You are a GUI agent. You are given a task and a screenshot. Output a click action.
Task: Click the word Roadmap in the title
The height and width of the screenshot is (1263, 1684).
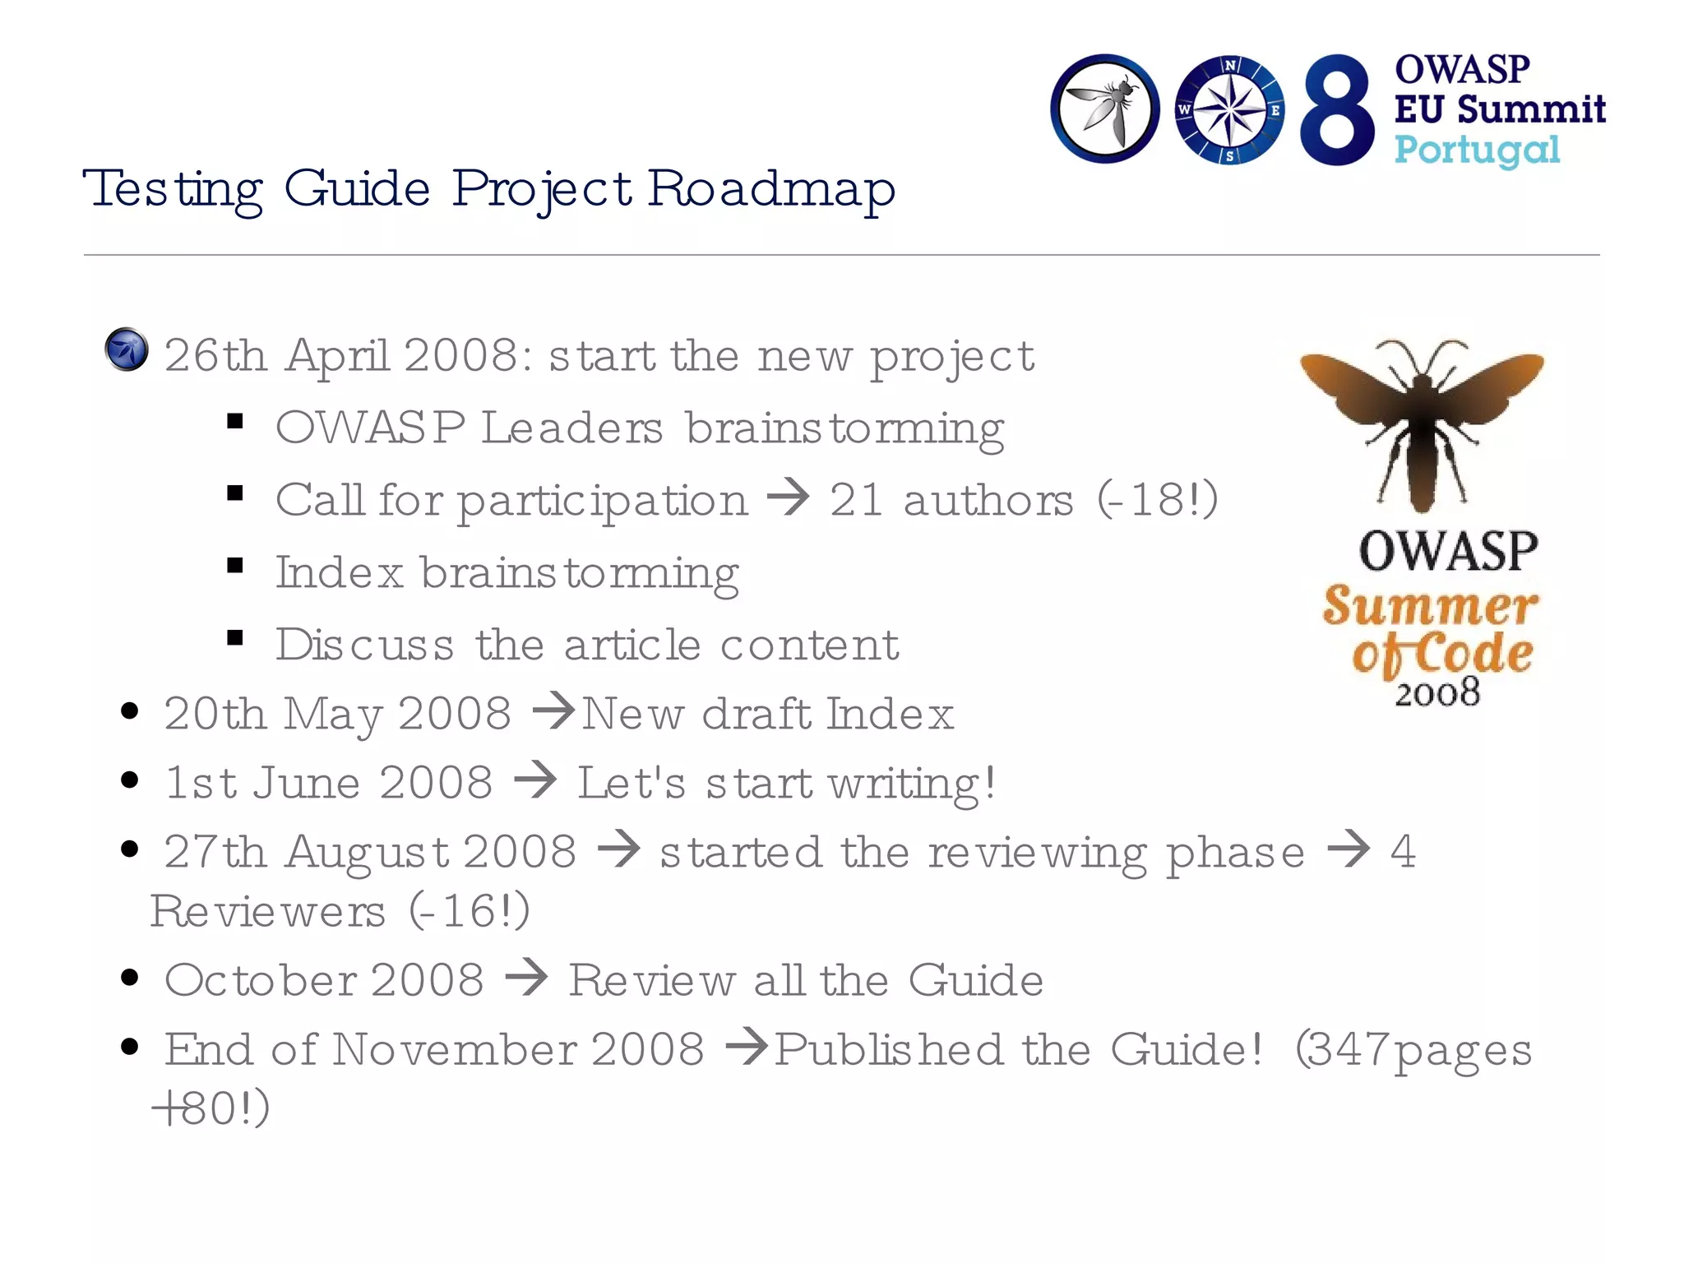(771, 189)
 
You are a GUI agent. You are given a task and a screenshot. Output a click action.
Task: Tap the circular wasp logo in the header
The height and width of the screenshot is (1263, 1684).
(1104, 109)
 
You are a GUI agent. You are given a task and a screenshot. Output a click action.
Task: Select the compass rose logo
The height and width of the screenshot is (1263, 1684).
(1228, 110)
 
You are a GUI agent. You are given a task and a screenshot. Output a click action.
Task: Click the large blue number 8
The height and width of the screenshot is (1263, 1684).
(1337, 110)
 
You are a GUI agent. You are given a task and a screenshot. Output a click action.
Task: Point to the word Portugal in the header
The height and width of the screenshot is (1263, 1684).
(1477, 150)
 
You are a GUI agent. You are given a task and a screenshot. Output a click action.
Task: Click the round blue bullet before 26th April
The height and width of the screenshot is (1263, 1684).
(127, 350)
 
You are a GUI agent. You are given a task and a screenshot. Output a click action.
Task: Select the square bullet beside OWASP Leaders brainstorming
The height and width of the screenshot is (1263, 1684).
(235, 423)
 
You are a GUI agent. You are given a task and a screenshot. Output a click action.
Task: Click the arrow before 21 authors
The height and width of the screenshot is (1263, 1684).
(788, 497)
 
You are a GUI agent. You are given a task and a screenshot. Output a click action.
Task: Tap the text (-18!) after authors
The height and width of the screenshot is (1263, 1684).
(1158, 499)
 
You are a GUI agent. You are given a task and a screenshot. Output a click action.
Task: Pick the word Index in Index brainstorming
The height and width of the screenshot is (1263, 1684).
(339, 572)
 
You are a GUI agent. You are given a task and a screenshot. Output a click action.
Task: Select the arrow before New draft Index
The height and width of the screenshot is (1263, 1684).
(554, 710)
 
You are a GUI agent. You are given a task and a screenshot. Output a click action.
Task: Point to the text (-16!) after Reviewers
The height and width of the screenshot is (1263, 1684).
(470, 911)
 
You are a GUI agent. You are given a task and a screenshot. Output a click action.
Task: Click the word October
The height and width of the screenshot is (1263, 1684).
(260, 980)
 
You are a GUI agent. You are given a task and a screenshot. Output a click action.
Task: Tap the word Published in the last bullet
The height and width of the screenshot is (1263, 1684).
(888, 1050)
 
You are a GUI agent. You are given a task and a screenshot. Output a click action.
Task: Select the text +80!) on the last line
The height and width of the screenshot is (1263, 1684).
(210, 1108)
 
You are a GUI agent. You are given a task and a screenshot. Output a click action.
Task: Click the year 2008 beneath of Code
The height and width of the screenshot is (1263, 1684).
(1437, 693)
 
